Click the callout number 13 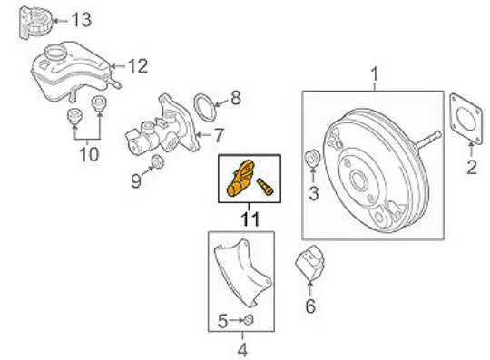coord(81,18)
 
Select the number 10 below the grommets coord(88,154)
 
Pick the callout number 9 coord(135,180)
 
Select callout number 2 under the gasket coord(471,166)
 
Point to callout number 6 coord(309,306)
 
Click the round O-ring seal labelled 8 coord(207,107)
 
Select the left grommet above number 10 coord(75,117)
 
